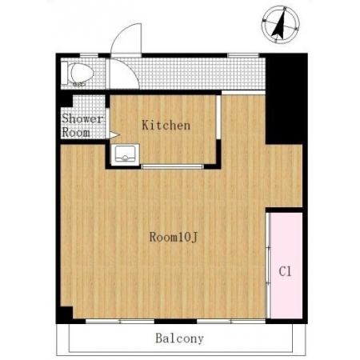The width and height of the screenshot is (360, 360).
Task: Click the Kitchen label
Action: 166,126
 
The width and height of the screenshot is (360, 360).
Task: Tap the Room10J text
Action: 174,237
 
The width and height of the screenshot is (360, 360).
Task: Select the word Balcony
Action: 179,338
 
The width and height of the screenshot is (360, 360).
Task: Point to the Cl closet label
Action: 285,271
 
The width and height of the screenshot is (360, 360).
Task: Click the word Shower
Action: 82,119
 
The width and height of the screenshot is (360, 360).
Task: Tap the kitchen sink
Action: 125,155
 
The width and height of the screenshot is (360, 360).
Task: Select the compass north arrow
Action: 279,25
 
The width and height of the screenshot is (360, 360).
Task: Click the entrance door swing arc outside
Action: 120,33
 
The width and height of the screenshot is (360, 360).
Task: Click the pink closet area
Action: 286,266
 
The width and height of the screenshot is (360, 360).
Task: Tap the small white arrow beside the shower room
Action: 114,135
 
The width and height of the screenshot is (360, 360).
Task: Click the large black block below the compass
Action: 286,98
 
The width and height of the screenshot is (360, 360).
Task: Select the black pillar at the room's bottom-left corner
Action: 66,314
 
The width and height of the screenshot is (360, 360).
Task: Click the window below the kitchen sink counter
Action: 172,166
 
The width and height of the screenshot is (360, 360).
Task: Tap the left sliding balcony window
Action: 120,321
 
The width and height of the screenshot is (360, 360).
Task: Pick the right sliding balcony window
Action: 231,321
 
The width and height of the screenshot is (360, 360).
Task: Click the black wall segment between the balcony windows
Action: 176,321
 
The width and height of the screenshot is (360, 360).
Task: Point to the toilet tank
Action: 64,73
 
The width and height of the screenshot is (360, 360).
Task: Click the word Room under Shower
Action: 76,133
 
